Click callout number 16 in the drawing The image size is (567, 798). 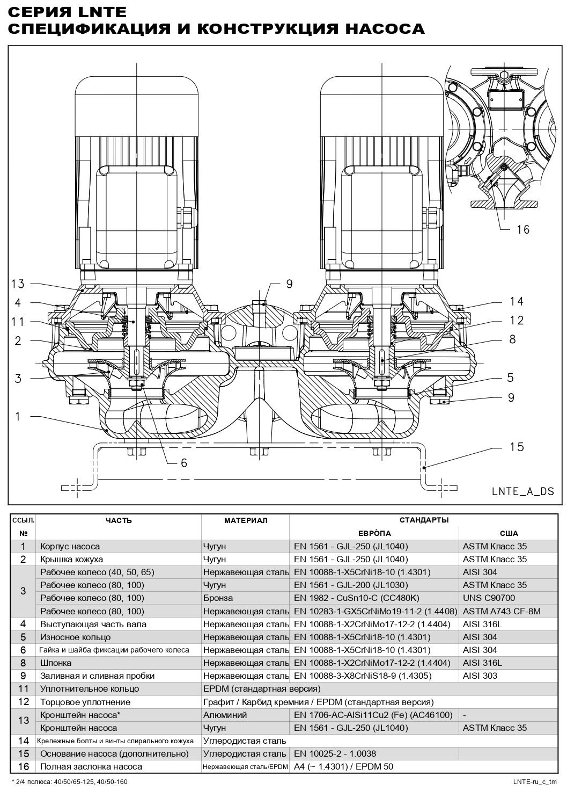click(x=522, y=230)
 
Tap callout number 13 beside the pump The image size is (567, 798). click(x=18, y=284)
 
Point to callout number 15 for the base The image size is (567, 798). click(x=517, y=447)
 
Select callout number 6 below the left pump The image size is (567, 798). click(x=183, y=463)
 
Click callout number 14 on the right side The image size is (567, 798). click(x=517, y=301)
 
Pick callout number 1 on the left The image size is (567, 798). click(x=18, y=416)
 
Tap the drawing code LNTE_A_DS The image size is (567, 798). click(x=523, y=491)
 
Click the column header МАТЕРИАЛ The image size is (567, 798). click(x=245, y=520)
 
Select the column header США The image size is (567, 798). click(x=509, y=533)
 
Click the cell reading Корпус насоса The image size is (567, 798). click(x=70, y=546)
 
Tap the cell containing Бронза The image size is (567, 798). click(x=218, y=598)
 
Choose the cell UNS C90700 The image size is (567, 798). click(x=489, y=598)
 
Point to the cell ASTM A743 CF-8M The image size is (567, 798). click(x=502, y=611)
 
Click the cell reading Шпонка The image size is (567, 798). click(x=55, y=663)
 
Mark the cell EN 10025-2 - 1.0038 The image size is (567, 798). click(x=335, y=753)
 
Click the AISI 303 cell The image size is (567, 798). click(x=480, y=676)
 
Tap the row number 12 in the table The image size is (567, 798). click(x=23, y=701)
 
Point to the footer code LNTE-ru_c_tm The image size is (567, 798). click(x=535, y=781)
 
